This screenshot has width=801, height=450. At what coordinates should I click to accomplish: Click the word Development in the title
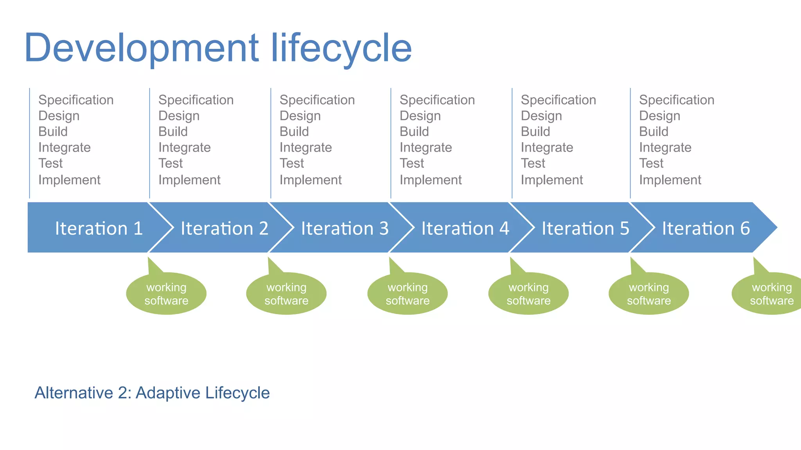coord(141,48)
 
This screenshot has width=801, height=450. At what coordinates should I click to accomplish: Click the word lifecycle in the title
coord(341,48)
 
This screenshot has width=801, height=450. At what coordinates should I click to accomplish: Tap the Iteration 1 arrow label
coord(99,228)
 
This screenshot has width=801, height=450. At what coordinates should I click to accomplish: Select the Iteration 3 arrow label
coord(345,228)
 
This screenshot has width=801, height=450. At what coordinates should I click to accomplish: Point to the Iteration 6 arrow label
coord(706,228)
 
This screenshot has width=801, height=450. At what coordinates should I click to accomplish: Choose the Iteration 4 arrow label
coord(465,228)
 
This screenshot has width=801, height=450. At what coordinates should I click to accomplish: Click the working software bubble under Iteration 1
coord(166,294)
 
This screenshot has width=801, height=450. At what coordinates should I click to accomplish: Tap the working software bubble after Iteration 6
coord(770,294)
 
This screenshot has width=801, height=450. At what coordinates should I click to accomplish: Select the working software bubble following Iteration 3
coord(408,294)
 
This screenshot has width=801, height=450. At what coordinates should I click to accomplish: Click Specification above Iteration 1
coord(76,100)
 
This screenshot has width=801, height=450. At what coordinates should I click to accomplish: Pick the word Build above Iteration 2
coord(173,132)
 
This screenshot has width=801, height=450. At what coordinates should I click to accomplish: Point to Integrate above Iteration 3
coord(305,148)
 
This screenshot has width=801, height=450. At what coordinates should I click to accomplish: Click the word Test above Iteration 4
coord(411,163)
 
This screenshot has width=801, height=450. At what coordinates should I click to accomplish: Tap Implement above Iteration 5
coord(551,180)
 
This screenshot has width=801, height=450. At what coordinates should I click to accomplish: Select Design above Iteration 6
coord(659,116)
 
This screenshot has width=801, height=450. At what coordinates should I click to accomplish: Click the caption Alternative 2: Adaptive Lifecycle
coord(152,393)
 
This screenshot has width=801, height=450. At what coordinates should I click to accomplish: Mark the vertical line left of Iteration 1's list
coord(30,143)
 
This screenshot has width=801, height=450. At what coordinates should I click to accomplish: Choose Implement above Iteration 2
coord(189,180)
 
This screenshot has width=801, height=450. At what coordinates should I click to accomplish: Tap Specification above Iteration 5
coord(558,100)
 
